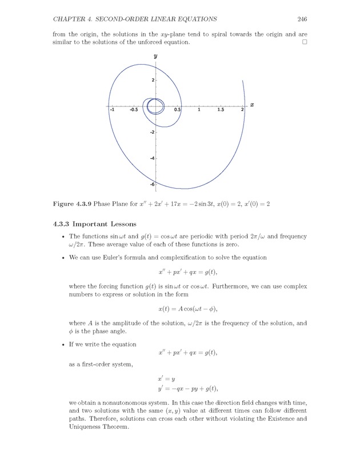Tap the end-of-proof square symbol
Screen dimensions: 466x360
pos(305,42)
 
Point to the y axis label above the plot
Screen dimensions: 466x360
pos(155,57)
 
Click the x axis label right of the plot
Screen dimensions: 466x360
pos(251,105)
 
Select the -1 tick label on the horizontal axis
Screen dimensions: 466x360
pos(111,110)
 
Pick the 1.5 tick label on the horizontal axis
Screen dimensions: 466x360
pos(221,110)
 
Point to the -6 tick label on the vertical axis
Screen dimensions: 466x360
pos(151,184)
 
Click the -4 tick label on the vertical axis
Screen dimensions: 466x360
pos(151,158)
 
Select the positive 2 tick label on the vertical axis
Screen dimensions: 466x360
pos(153,80)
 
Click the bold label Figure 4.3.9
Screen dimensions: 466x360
pos(71,204)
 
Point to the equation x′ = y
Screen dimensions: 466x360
pos(166,379)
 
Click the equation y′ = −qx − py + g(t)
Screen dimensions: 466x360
pos(187,389)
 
